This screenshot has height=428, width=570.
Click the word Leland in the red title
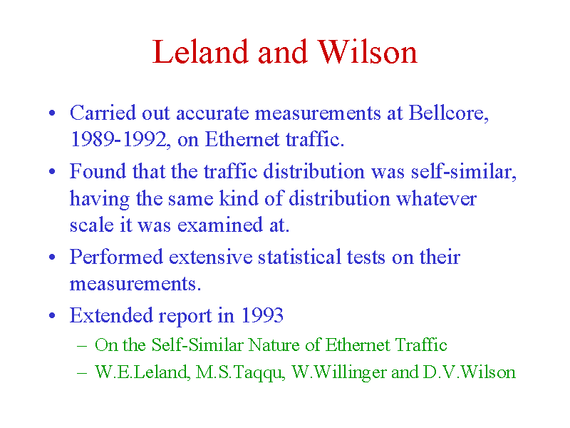point(200,52)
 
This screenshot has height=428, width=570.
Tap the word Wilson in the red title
point(368,52)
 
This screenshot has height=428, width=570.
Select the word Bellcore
point(449,113)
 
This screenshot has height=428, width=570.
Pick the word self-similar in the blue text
point(464,172)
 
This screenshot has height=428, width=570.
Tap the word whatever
point(437,199)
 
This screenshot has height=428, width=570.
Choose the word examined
point(220,225)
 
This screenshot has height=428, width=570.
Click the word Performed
point(116,257)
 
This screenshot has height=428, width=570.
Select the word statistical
point(299,257)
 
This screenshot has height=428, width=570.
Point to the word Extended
point(111,315)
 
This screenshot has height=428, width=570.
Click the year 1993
point(262,315)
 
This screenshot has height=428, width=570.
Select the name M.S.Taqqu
point(240,372)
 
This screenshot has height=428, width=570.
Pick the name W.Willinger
point(339,372)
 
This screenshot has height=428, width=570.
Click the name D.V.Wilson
point(470,372)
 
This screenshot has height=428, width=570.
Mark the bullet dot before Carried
point(52,113)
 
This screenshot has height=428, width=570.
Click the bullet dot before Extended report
point(52,315)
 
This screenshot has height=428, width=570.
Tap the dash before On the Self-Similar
point(82,346)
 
